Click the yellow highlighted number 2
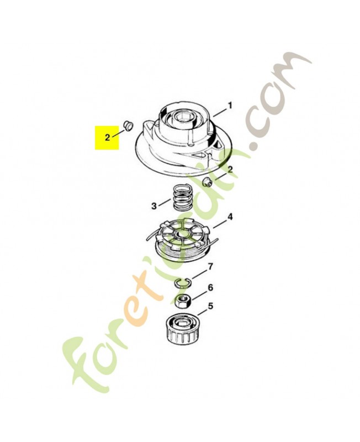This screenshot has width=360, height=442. (107, 138)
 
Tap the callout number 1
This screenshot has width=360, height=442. (230, 106)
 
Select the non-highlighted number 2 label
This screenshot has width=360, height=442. (230, 170)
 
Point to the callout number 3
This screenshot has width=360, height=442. (154, 206)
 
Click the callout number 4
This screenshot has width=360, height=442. (230, 217)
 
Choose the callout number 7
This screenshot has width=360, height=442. (210, 266)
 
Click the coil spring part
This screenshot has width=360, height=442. (179, 197)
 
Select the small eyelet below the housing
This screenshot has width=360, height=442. (207, 182)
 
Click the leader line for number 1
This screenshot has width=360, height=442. (220, 112)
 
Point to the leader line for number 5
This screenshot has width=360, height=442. (203, 312)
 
